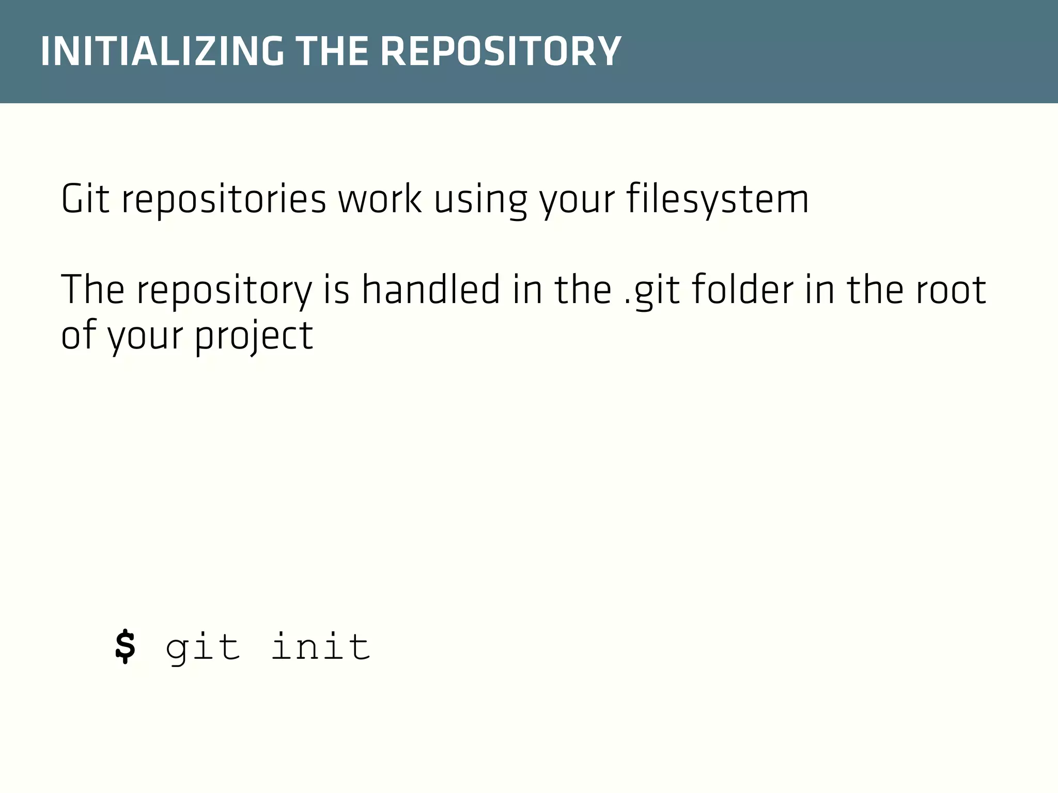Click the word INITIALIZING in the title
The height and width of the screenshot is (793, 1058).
(x=162, y=52)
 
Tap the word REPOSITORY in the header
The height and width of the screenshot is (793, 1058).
(x=501, y=52)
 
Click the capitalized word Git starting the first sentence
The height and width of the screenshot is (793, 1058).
(x=85, y=199)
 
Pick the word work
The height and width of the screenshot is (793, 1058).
(x=379, y=199)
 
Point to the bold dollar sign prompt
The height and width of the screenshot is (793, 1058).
(x=125, y=646)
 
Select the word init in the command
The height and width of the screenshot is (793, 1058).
(x=320, y=646)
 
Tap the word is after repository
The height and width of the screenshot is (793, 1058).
(x=336, y=289)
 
